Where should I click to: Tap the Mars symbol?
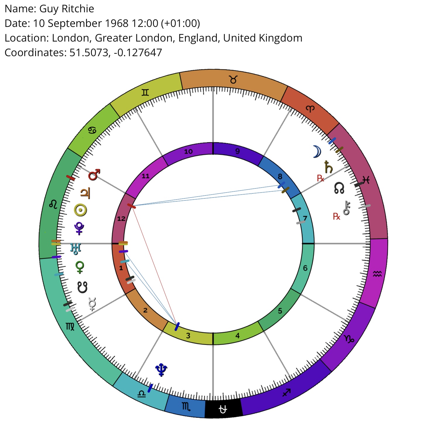[x=94, y=175]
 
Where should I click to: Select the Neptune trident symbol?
[x=161, y=370]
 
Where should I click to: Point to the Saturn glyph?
[x=328, y=167]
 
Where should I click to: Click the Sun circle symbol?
[x=80, y=210]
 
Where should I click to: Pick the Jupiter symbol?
[x=85, y=193]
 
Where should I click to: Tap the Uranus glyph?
[x=76, y=249]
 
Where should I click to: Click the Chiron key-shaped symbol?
[x=346, y=208]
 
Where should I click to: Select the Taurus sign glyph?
[x=233, y=79]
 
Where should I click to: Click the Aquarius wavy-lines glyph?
[x=377, y=274]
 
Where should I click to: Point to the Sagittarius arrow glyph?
[x=286, y=392]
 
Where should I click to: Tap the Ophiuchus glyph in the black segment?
[x=223, y=409]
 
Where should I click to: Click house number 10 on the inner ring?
[x=188, y=151]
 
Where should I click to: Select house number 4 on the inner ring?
[x=237, y=336]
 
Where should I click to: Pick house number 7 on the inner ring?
[x=305, y=218]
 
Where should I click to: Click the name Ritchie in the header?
[x=78, y=9]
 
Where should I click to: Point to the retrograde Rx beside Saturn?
[x=320, y=178]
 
